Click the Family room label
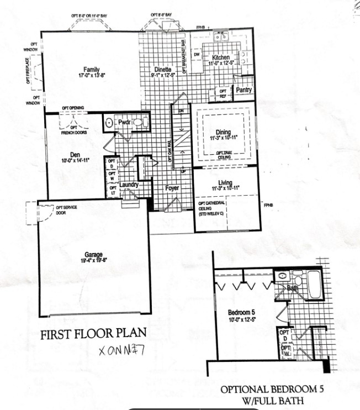point(92,69)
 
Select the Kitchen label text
point(220,57)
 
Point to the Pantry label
point(244,90)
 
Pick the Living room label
point(225,183)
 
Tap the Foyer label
point(173,188)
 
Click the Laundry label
point(129,185)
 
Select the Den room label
point(76,155)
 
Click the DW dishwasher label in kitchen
point(197,54)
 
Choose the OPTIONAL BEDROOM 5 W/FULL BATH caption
point(269,394)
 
